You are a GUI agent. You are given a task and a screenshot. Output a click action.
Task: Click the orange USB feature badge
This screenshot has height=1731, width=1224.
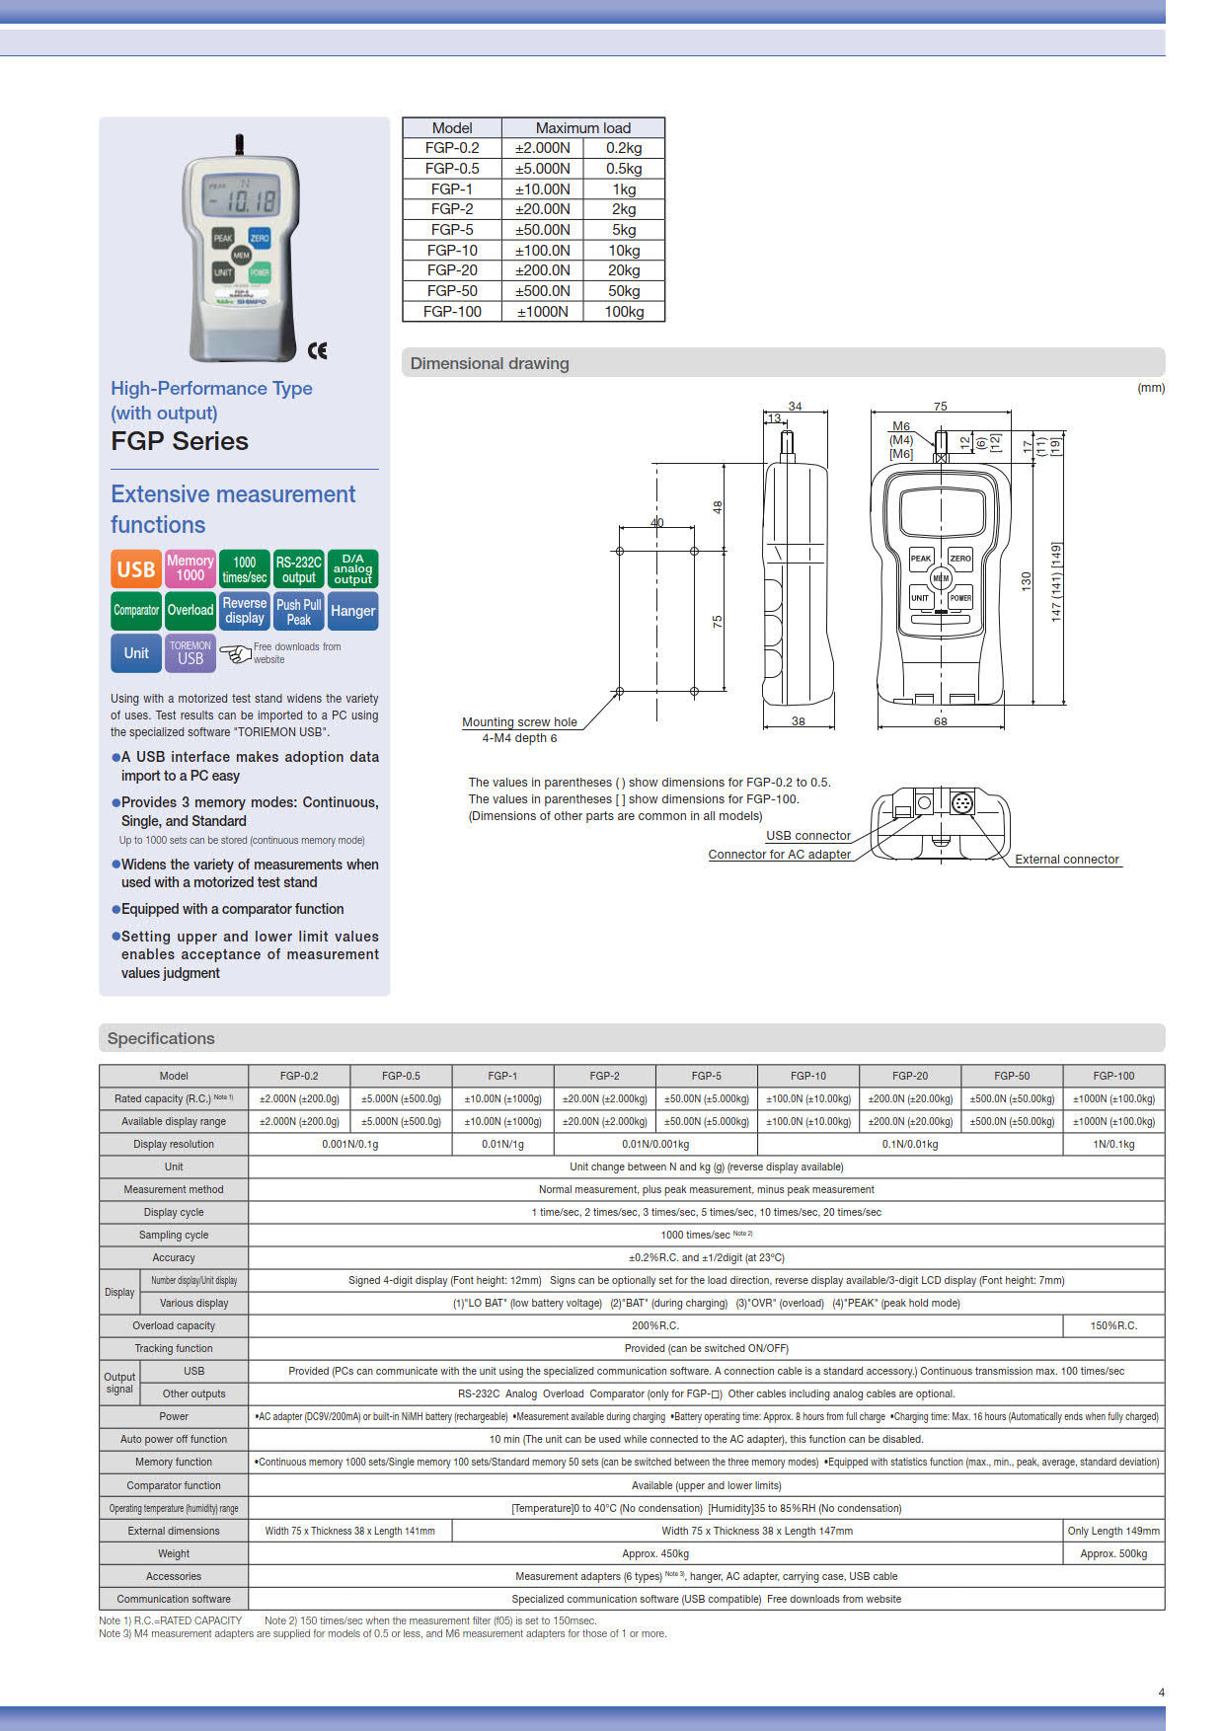[135, 569]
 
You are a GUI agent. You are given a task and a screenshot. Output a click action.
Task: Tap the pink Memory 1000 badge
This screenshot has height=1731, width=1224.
[190, 568]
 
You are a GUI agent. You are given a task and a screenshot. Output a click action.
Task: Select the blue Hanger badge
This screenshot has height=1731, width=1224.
[352, 611]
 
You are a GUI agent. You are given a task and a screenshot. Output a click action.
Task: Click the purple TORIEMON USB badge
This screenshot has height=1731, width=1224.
[190, 653]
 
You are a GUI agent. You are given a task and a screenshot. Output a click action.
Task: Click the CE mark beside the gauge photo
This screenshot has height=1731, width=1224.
[317, 350]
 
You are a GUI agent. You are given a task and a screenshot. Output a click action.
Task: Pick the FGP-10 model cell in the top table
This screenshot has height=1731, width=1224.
[452, 251]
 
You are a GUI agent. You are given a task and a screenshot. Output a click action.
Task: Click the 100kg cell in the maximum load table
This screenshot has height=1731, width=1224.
[624, 312]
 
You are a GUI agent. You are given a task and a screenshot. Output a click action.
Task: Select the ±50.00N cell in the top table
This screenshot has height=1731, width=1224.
[542, 230]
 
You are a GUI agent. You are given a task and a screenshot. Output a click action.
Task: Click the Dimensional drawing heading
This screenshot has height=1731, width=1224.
[490, 363]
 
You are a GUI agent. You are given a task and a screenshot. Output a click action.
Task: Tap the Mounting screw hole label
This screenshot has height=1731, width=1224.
[519, 722]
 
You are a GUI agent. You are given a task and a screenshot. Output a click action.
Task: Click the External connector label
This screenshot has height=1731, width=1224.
[1066, 860]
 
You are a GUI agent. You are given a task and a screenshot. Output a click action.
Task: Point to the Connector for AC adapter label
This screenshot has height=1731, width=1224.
[779, 855]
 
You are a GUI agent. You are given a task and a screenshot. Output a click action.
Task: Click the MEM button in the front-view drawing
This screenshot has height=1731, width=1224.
[941, 578]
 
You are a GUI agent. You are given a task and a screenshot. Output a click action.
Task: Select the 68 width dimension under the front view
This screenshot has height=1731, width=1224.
[940, 721]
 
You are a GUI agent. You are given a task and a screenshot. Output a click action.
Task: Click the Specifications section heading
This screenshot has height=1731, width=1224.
[161, 1038]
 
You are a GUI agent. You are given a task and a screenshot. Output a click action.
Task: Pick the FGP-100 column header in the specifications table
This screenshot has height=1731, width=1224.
[1113, 1076]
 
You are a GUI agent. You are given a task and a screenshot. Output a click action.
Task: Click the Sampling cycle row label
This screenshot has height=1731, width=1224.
[174, 1236]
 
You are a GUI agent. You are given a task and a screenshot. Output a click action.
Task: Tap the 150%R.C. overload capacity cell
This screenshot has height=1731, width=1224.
[1113, 1326]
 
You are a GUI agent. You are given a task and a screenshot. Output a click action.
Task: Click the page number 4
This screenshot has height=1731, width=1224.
[1161, 1693]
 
